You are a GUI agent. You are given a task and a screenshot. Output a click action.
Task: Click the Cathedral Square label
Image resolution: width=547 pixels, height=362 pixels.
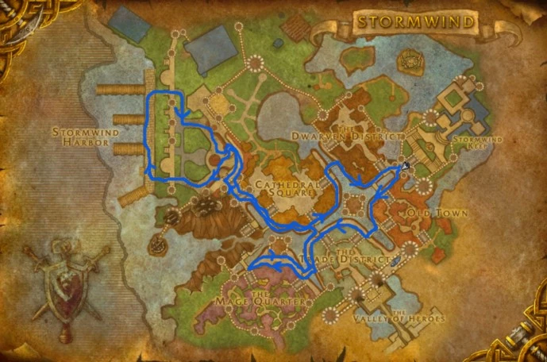click(287, 188)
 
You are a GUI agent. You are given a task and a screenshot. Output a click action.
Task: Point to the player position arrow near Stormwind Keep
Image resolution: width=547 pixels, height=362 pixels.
click(406, 166)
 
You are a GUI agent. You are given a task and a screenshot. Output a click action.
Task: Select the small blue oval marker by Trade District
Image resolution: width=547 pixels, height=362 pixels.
click(396, 260)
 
